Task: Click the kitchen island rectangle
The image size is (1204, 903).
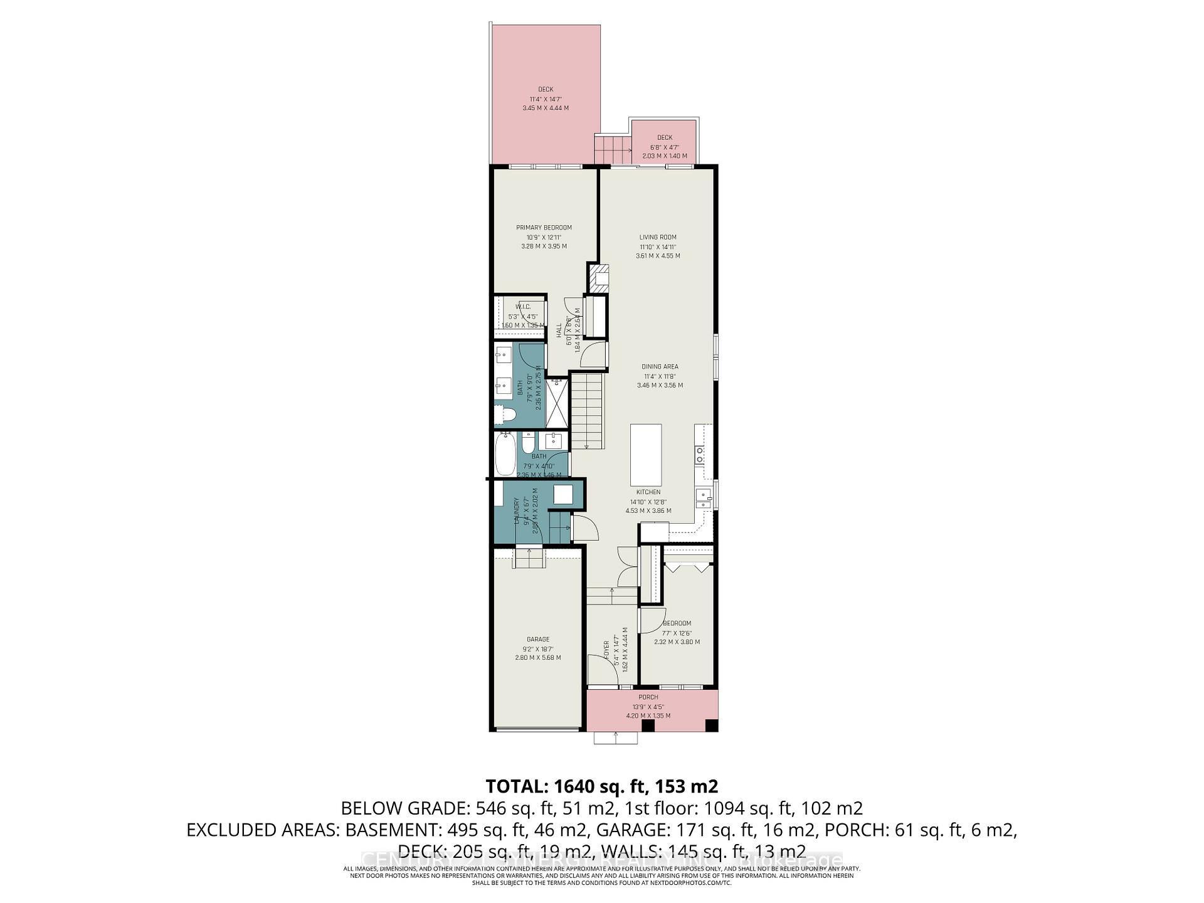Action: click(x=646, y=451)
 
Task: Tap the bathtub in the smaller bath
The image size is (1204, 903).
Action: click(x=505, y=455)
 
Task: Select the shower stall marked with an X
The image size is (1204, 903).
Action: click(x=557, y=404)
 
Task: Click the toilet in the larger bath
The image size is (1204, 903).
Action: click(x=505, y=415)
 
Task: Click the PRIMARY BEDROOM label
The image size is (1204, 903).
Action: click(x=544, y=228)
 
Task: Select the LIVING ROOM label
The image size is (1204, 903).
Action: click(x=658, y=237)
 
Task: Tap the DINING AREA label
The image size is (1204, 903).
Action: click(x=660, y=366)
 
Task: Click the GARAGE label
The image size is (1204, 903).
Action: click(x=538, y=640)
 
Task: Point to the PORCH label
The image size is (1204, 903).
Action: click(x=648, y=697)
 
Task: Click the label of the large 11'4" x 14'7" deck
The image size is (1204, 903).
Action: click(x=546, y=90)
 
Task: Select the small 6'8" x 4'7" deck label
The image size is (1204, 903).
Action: click(x=665, y=138)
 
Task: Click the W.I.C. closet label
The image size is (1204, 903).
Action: click(x=523, y=307)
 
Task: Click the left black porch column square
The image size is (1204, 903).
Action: click(x=648, y=726)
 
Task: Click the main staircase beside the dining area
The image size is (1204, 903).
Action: click(x=587, y=411)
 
